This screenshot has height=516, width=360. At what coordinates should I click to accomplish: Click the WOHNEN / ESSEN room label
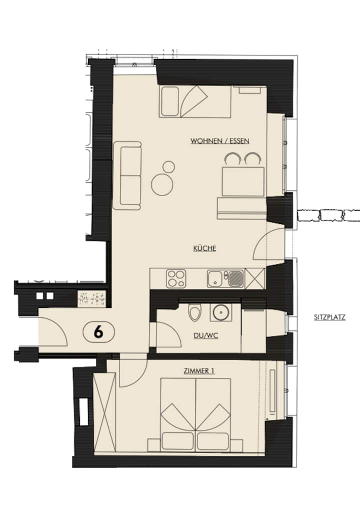click(x=220, y=141)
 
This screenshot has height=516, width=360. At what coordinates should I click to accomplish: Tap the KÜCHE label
click(x=204, y=248)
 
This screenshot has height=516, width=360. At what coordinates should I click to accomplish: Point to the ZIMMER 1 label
click(x=199, y=371)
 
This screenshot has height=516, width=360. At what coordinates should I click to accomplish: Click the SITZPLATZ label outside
click(x=329, y=317)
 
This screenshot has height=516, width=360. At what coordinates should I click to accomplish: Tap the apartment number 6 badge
click(x=98, y=332)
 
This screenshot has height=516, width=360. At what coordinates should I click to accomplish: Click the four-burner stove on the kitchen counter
click(x=176, y=278)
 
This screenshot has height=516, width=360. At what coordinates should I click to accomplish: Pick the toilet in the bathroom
click(x=194, y=311)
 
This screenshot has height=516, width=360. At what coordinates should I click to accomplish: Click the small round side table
click(x=169, y=167)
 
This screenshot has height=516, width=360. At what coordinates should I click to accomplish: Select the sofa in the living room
click(x=127, y=175)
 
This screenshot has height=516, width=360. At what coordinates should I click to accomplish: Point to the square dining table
click(x=243, y=181)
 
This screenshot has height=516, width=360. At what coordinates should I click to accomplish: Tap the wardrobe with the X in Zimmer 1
click(x=104, y=412)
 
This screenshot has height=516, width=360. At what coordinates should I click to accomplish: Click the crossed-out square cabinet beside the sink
click(x=255, y=278)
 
